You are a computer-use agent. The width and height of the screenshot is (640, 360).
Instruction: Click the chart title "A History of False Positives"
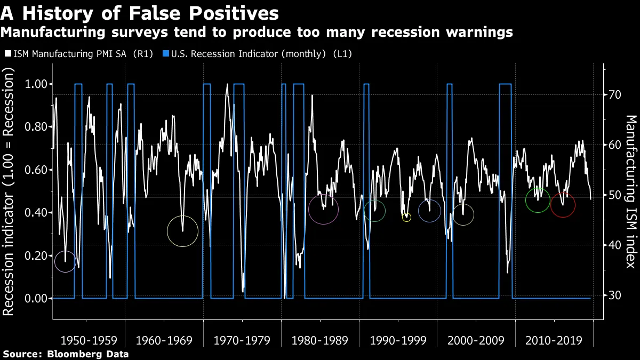pyautogui.click(x=140, y=12)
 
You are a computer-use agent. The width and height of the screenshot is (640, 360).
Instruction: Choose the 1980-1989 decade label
pyautogui.click(x=321, y=340)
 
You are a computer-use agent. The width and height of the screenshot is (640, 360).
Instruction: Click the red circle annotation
pyautogui.click(x=563, y=205)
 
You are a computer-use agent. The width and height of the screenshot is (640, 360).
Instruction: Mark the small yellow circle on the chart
pyautogui.click(x=406, y=218)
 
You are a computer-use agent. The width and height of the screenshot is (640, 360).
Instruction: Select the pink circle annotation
pyautogui.click(x=324, y=210)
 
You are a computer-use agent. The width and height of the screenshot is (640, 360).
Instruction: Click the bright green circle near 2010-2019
pyautogui.click(x=538, y=200)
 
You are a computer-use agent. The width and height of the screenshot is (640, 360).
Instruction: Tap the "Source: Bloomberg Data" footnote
pyautogui.click(x=66, y=354)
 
